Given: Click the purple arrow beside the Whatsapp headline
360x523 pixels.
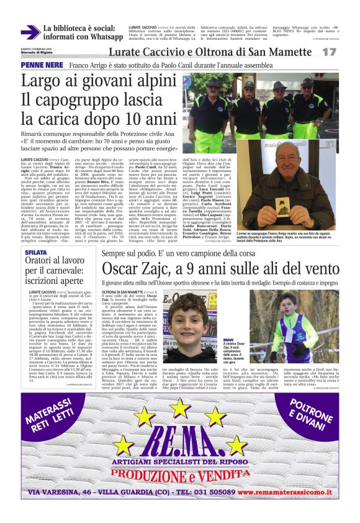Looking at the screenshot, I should pos(30,33).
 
